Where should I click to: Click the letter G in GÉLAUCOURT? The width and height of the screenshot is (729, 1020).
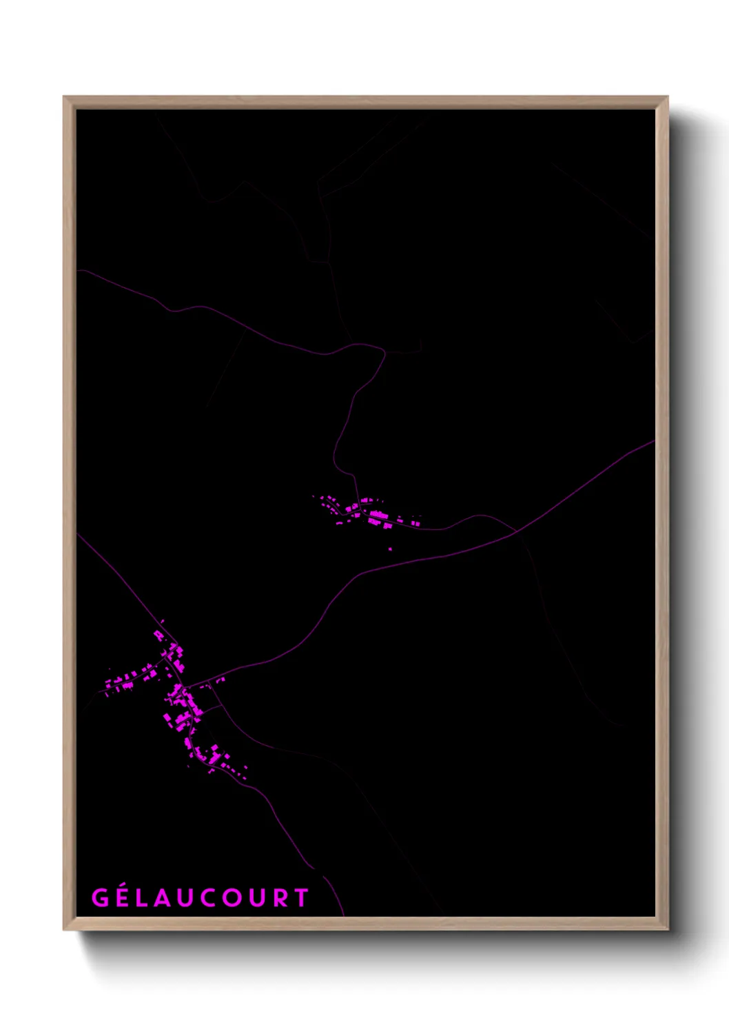100,897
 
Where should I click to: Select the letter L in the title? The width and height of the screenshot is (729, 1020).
147,897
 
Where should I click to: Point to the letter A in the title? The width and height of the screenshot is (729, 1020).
170,897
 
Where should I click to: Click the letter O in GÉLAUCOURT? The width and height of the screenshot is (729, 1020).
240,897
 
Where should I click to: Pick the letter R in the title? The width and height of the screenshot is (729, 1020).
287,897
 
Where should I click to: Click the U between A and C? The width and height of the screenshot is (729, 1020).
192,897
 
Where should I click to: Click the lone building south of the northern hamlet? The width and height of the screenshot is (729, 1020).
390,549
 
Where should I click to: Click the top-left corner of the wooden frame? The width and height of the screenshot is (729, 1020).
64,97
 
